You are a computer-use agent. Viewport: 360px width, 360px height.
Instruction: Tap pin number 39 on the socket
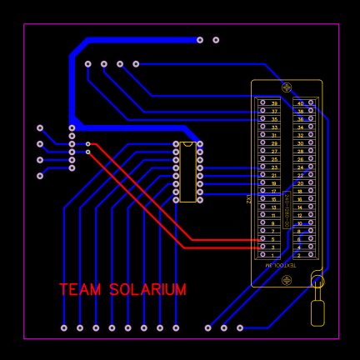[262, 103]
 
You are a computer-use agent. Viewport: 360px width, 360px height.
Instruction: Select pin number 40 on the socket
[311, 103]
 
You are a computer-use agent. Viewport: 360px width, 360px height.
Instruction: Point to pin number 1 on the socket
[262, 255]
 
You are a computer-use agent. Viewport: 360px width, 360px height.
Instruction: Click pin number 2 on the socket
[311, 255]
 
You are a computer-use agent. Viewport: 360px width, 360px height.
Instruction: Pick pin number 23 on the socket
[262, 167]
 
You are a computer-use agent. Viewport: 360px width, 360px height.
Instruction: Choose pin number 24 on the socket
[311, 167]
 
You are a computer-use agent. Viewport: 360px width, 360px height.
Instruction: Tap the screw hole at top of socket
[287, 87]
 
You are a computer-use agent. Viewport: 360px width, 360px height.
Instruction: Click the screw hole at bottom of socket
[287, 273]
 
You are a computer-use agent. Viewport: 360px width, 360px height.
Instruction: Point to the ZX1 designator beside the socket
[249, 199]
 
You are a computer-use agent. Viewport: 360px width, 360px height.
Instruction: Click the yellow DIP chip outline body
[187, 172]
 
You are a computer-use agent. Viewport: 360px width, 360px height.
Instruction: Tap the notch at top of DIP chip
[187, 144]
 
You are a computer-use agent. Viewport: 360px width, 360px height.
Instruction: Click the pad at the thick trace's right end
[200, 40]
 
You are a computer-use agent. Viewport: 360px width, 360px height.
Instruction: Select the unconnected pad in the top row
[216, 40]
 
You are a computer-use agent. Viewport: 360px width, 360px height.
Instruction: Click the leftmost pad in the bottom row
[64, 327]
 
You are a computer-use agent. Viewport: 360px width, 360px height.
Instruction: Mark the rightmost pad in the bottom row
[240, 327]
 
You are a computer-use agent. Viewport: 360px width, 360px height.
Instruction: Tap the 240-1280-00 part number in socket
[287, 208]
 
